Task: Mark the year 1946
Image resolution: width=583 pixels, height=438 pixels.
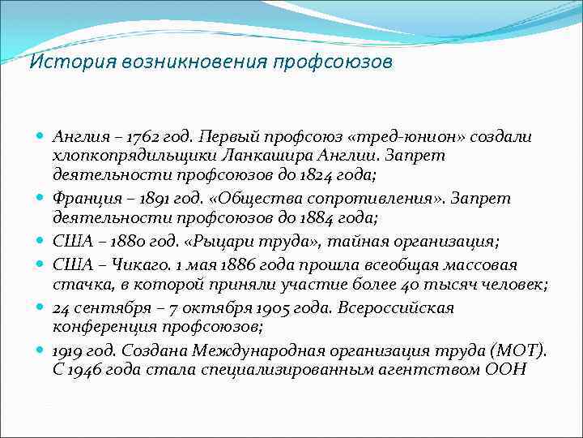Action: [x=84, y=368]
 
